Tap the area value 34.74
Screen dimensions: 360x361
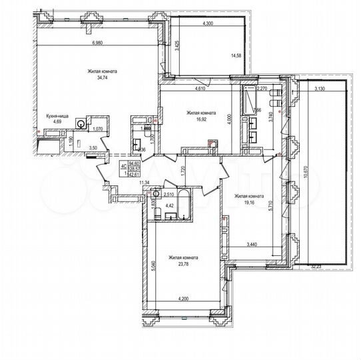[101, 78]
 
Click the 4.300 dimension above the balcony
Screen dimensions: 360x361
[207, 23]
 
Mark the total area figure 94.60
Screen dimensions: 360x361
[135, 163]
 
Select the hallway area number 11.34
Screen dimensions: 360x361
[143, 181]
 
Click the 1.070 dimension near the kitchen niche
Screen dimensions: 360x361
[97, 128]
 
